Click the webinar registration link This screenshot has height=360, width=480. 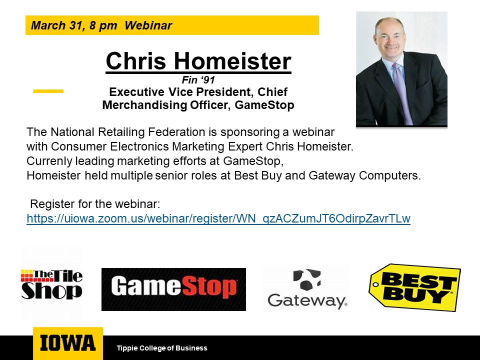(x=218, y=218)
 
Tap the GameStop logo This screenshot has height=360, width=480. (x=173, y=289)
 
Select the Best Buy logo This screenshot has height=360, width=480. (x=415, y=287)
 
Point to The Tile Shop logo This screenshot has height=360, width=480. (x=51, y=284)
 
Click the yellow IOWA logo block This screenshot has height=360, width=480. (x=68, y=343)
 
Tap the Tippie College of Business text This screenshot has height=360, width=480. (x=162, y=348)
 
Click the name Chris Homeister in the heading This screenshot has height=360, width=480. (x=198, y=61)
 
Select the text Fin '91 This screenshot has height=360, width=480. (x=198, y=80)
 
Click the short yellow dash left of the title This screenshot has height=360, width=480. (x=48, y=91)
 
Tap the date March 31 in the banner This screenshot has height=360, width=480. (x=56, y=25)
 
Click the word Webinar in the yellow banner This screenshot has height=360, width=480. (x=148, y=25)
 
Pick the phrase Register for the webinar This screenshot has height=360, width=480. (x=95, y=204)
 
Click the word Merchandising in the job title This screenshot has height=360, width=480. (x=144, y=104)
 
